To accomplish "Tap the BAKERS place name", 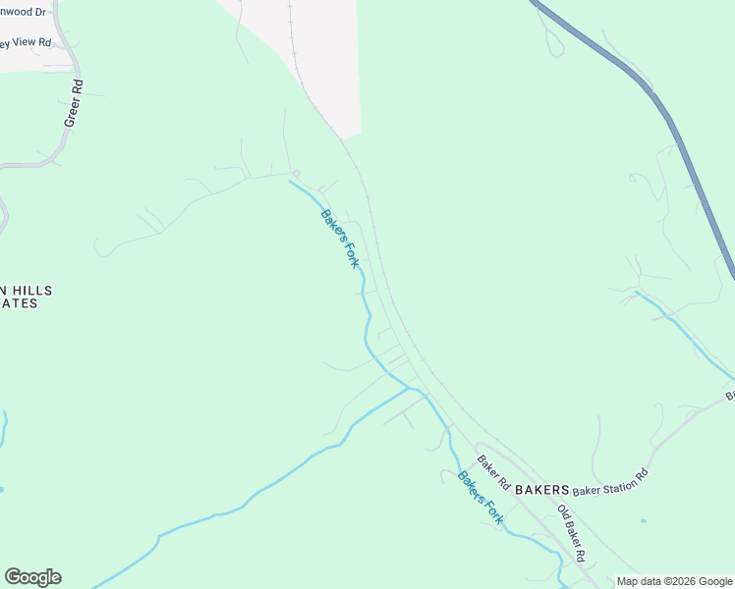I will [541, 489].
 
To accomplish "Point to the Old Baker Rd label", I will [572, 532].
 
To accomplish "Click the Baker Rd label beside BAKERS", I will [493, 472].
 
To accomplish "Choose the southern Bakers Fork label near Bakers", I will [481, 498].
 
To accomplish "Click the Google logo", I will [32, 577].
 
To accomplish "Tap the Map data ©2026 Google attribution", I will [674, 581].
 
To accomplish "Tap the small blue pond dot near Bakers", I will [643, 521].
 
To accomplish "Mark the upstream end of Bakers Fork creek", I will [289, 181].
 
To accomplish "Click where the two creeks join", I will [409, 389].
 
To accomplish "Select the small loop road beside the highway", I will [553, 41].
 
